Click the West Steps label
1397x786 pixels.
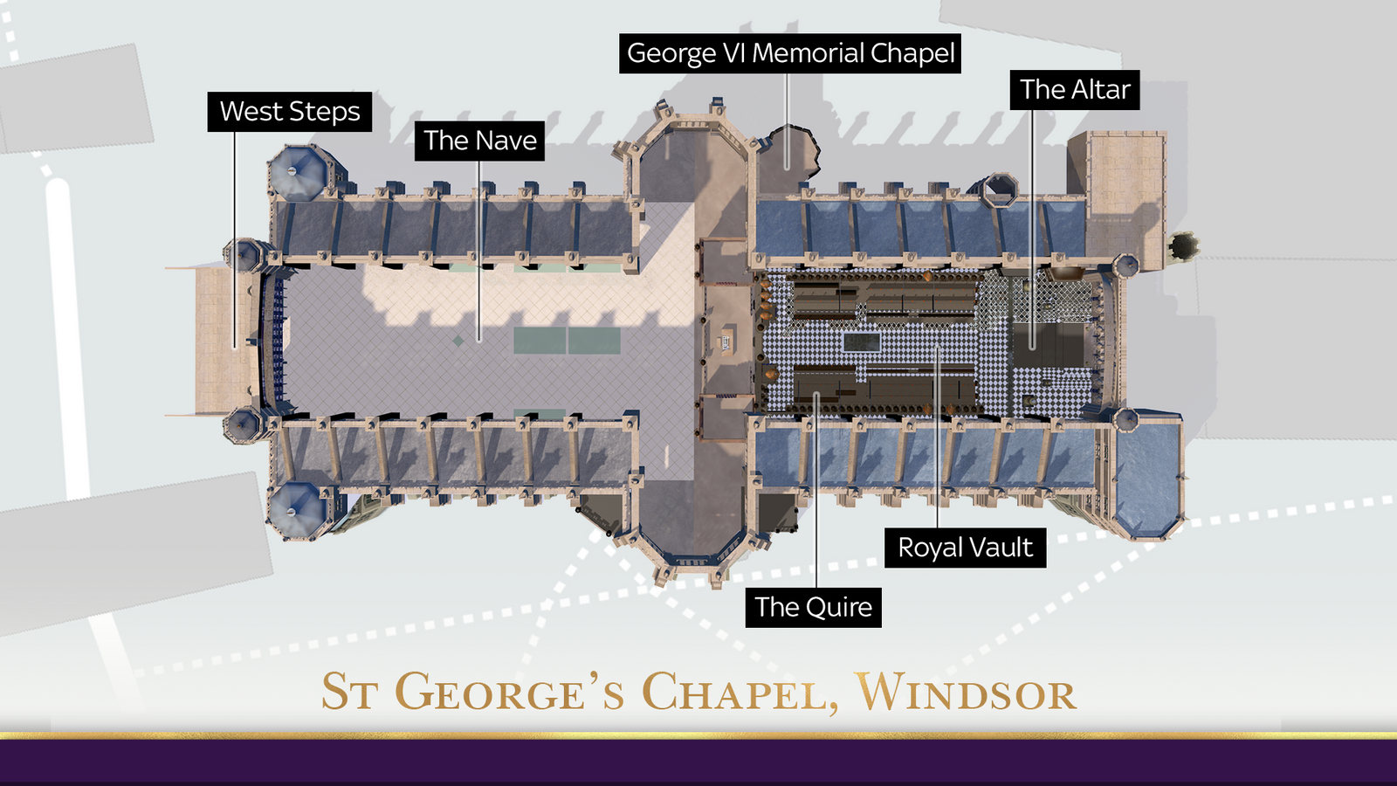pos(290,112)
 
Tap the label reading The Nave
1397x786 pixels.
pos(479,141)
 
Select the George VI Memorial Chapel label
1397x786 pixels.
pos(790,53)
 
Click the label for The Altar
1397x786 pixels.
pos(1075,90)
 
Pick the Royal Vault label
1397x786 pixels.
pos(965,548)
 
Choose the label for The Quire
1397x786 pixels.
pos(813,607)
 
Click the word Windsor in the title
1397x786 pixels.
pos(966,693)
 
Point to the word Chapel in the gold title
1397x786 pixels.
pos(734,693)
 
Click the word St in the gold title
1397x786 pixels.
pos(349,693)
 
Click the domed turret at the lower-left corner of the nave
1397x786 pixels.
pos(294,507)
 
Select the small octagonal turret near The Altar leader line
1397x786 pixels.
pos(1000,189)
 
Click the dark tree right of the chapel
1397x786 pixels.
pos(1182,245)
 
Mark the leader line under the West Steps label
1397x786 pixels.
pos(234,236)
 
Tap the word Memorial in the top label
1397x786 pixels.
pos(808,53)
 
